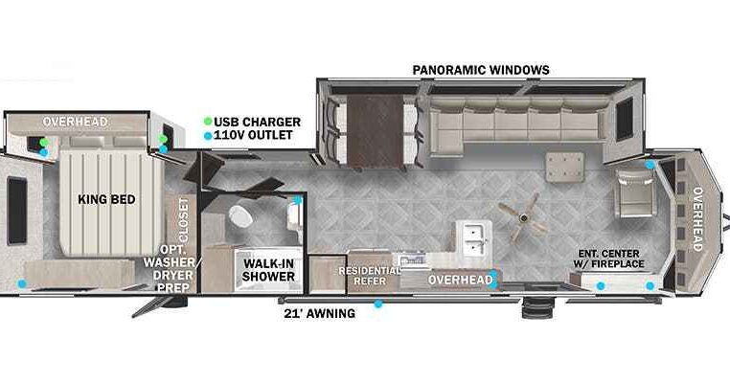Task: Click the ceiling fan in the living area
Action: point(524,217)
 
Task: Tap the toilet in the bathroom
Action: point(240,216)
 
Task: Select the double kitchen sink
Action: point(474,237)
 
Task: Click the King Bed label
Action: point(106,199)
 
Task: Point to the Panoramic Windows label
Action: point(481,70)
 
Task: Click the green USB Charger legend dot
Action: point(208,122)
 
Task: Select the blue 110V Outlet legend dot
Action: point(208,136)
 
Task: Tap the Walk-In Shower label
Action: point(268,270)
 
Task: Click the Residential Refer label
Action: point(369,276)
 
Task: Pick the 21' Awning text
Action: point(319,314)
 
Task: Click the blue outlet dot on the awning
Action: point(378,304)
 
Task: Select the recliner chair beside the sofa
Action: point(635,192)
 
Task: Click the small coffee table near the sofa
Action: point(564,167)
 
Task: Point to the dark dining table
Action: point(375,131)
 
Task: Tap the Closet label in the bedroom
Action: point(184,219)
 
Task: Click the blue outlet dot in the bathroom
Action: point(298,200)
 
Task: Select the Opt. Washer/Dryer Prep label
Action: point(171,268)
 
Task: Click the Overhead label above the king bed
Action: point(76,122)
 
